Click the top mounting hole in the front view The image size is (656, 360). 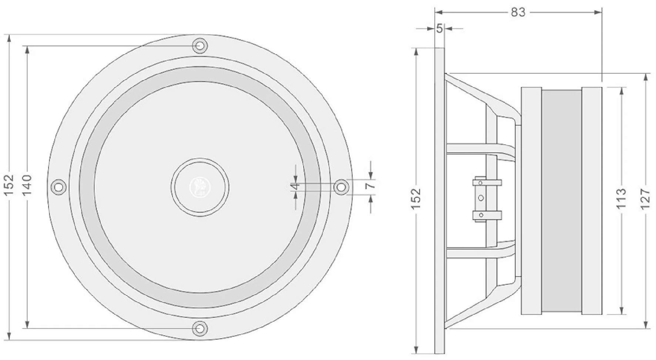pyautogui.click(x=200, y=46)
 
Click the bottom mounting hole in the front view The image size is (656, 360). pyautogui.click(x=200, y=328)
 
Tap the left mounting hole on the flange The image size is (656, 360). pyautogui.click(x=58, y=186)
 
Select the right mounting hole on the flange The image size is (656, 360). pyautogui.click(x=341, y=186)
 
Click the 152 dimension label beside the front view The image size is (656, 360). pyautogui.click(x=9, y=185)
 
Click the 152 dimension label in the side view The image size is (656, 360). pyautogui.click(x=416, y=199)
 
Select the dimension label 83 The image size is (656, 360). pyautogui.click(x=518, y=12)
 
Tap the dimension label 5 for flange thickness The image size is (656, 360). pyautogui.click(x=439, y=28)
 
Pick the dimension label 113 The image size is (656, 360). pyautogui.click(x=621, y=199)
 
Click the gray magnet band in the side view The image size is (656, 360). pyautogui.click(x=561, y=201)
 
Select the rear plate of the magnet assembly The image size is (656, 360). pyautogui.click(x=591, y=201)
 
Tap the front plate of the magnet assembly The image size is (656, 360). pyautogui.click(x=531, y=201)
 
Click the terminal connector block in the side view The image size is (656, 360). pyautogui.click(x=481, y=199)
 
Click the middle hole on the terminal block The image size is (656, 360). pyautogui.click(x=481, y=198)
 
